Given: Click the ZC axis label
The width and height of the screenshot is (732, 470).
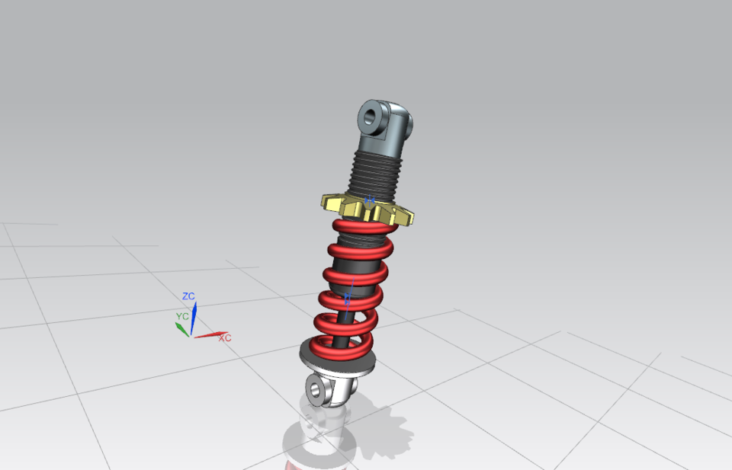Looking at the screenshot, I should click(188, 296).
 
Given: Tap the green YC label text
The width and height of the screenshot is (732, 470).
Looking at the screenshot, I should click(182, 315).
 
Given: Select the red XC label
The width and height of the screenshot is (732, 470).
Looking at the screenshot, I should click(225, 337).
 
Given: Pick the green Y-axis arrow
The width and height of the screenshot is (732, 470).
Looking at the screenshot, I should click(182, 328).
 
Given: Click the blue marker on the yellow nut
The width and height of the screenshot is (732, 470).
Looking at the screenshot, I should click(370, 200).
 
